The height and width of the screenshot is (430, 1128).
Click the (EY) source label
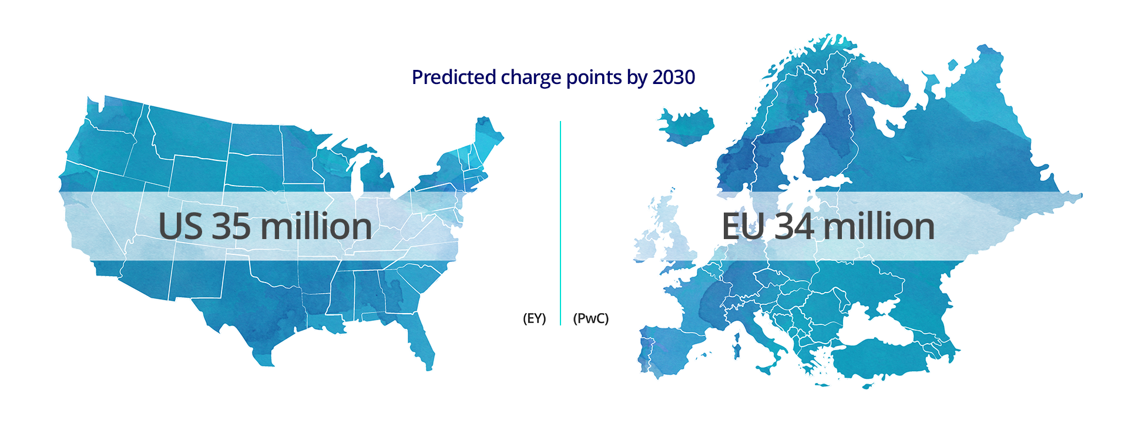pyautogui.click(x=534, y=318)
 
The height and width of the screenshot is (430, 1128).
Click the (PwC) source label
pyautogui.click(x=590, y=318)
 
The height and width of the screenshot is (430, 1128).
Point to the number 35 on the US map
pyautogui.click(x=231, y=227)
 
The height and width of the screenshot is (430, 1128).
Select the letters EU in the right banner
pyautogui.click(x=743, y=227)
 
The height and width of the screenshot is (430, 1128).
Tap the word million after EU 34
pyautogui.click(x=878, y=227)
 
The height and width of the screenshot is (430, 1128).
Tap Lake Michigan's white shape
pyautogui.click(x=356, y=176)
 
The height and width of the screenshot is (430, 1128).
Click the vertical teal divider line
pyautogui.click(x=560, y=223)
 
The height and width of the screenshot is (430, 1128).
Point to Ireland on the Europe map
pyautogui.click(x=647, y=244)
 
